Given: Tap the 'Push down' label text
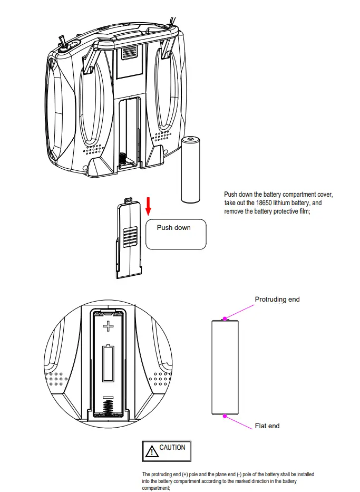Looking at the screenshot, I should point(173,228).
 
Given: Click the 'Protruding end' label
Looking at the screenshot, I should point(277,300).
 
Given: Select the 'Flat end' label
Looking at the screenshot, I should point(267,426).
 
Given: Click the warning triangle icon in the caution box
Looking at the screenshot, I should point(152,451).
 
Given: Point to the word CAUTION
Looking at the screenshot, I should point(172,448).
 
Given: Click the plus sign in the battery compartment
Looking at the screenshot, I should point(108,326).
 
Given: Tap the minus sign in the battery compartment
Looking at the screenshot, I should point(108,397).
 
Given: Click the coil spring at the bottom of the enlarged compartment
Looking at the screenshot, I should point(108,408).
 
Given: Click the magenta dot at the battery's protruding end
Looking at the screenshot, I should point(225,319).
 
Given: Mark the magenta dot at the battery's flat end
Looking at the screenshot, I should point(225,416).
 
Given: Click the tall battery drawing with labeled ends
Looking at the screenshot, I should point(225,367).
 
